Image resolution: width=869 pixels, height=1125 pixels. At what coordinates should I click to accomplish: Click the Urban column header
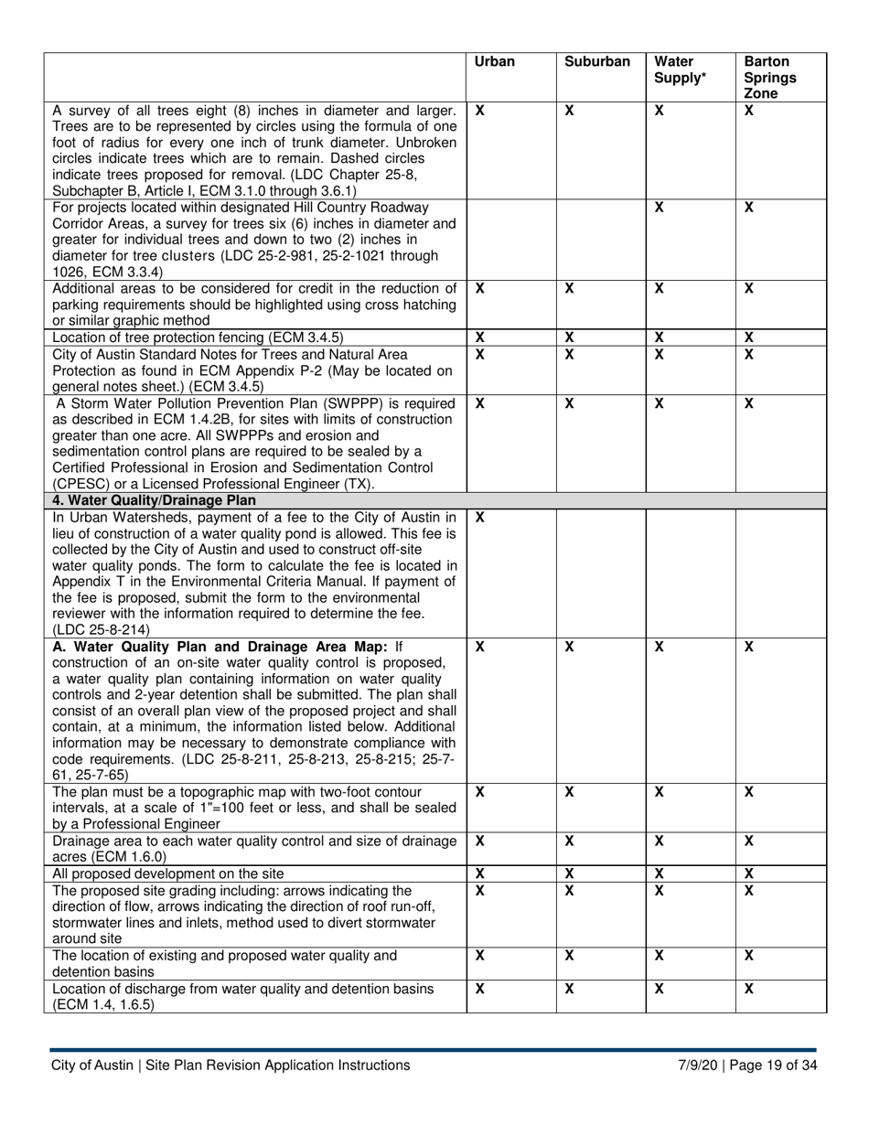click(x=495, y=63)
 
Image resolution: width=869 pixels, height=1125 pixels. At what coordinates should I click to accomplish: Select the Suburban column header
click(x=597, y=63)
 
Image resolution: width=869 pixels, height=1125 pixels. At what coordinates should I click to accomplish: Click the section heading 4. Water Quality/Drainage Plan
click(x=155, y=500)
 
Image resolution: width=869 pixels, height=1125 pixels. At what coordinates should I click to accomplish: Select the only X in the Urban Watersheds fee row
click(x=480, y=518)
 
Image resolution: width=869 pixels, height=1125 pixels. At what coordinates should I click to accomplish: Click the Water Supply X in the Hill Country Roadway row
click(x=659, y=209)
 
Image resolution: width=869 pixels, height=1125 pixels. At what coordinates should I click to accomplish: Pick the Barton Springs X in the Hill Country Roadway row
click(x=748, y=209)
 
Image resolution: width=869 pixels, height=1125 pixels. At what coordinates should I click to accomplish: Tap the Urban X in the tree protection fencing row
click(x=480, y=337)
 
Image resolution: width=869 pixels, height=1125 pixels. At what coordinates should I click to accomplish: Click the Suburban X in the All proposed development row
click(x=569, y=873)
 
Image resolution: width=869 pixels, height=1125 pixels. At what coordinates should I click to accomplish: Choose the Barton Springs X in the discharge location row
click(x=748, y=989)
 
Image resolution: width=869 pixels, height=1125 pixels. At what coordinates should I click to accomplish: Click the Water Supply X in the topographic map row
click(x=659, y=791)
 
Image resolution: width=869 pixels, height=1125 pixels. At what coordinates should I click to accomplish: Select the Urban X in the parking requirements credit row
click(x=480, y=288)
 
